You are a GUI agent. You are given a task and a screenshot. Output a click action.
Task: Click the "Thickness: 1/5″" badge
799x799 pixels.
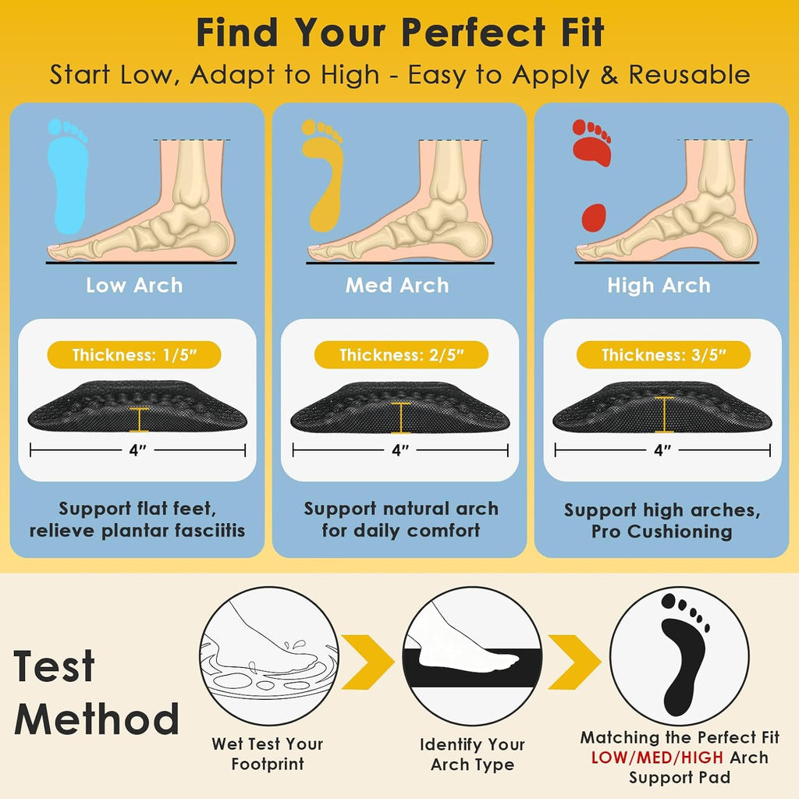click(x=134, y=355)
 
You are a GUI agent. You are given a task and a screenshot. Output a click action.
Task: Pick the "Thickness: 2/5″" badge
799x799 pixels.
click(x=401, y=355)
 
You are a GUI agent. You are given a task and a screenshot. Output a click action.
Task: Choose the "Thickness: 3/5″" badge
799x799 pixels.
click(x=663, y=355)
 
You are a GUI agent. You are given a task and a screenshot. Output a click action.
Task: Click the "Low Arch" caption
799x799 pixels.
click(x=134, y=286)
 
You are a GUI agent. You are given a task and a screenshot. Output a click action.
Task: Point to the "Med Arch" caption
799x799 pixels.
click(x=397, y=286)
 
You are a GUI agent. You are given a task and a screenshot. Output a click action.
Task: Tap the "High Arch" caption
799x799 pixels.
click(x=659, y=286)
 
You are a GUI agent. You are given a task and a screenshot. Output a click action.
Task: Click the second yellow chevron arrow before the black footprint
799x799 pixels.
click(x=574, y=662)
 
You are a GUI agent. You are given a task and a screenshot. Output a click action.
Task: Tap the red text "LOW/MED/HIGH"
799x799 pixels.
click(x=657, y=758)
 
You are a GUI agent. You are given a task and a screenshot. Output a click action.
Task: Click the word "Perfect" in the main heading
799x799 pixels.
click(x=473, y=33)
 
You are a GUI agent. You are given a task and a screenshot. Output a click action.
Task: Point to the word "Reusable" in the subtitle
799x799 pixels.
click(x=689, y=75)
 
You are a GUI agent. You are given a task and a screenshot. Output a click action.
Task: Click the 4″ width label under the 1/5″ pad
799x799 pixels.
click(x=137, y=450)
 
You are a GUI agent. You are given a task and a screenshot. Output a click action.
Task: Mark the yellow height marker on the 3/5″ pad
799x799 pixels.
click(x=664, y=414)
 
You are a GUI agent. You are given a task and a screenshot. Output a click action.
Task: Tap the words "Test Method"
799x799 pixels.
click(x=96, y=693)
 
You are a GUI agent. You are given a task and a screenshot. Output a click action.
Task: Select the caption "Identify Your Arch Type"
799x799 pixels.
click(x=472, y=755)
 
